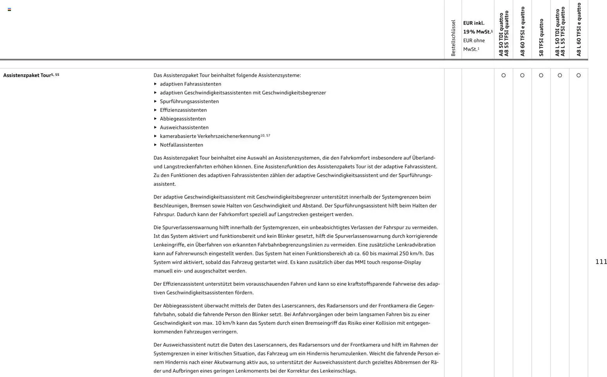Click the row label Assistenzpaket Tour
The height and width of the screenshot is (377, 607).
point(27,75)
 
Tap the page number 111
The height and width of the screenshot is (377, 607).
point(601,262)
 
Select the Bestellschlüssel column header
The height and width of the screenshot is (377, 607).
point(453,38)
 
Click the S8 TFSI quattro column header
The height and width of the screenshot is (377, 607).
point(541,38)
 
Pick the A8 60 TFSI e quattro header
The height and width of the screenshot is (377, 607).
point(522,31)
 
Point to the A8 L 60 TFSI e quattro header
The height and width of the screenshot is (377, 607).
point(578,29)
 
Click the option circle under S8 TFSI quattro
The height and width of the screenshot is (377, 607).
point(541,75)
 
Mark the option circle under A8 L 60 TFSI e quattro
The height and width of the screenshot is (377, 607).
point(578,75)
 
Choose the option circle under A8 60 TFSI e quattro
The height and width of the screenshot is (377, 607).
point(522,75)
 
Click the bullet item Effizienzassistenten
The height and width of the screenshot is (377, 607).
point(183,110)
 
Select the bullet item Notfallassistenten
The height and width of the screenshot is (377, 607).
point(181,145)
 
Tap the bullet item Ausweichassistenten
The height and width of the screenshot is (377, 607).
point(184,127)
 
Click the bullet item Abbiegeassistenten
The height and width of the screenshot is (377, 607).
point(182,119)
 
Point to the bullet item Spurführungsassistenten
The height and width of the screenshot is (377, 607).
point(189,101)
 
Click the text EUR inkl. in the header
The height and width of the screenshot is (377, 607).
point(473,23)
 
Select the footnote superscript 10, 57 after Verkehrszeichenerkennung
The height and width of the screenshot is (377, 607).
point(265,135)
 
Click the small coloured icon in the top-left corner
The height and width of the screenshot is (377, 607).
point(9,9)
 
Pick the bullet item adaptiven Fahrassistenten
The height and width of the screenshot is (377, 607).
point(190,84)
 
